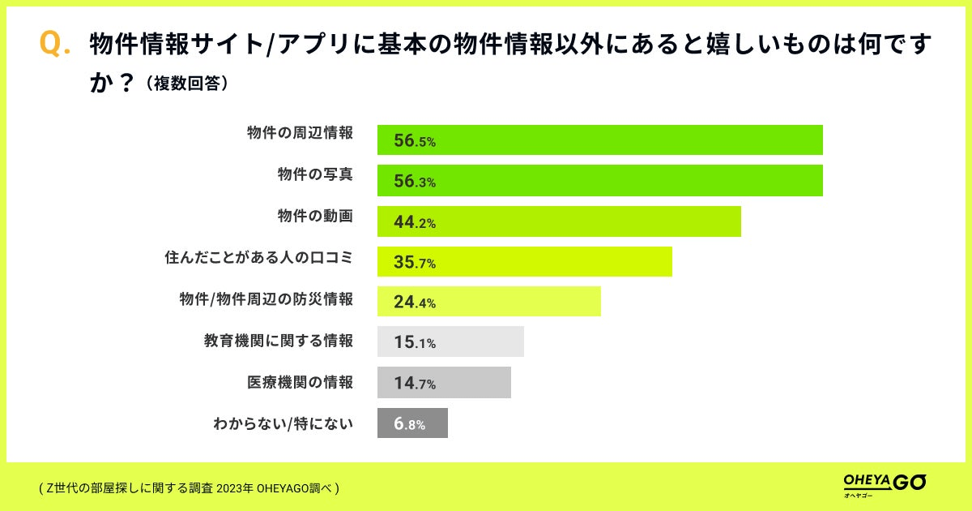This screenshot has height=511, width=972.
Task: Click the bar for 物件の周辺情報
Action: click(x=599, y=140)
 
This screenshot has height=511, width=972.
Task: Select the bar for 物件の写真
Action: click(x=599, y=181)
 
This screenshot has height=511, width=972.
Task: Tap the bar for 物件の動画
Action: click(x=559, y=221)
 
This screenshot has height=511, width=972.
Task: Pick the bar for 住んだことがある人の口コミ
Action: click(x=525, y=261)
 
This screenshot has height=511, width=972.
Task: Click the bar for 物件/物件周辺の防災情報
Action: click(x=489, y=302)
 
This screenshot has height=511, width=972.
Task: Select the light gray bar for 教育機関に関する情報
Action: click(x=450, y=341)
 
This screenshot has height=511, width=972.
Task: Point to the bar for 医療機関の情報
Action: click(x=444, y=382)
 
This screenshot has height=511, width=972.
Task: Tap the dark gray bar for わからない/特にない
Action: click(x=412, y=423)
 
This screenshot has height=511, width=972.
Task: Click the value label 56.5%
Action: click(x=415, y=141)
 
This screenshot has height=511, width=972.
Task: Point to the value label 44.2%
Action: click(x=415, y=221)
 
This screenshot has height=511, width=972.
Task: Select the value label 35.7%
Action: click(x=415, y=262)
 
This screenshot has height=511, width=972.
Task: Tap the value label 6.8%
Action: click(x=410, y=423)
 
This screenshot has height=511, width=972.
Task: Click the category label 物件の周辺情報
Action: click(x=300, y=133)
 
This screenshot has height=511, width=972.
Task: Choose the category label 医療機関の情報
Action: click(x=300, y=381)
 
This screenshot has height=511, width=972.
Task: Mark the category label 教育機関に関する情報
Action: click(x=279, y=341)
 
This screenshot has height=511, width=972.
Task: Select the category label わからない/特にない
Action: click(x=283, y=422)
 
